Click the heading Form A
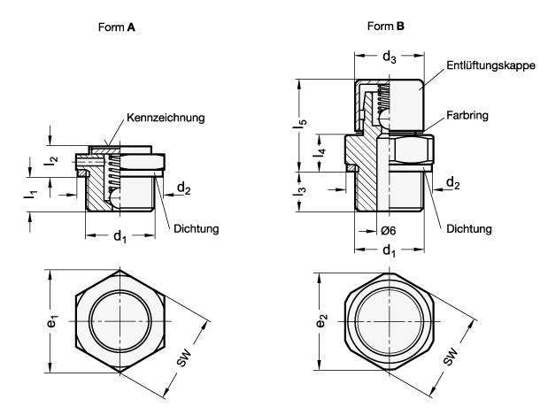pos(118,27)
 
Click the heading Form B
pos(385,27)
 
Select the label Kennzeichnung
pos(166,118)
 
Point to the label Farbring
pos(468,116)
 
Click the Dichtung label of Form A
pos(197,228)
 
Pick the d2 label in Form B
pos(452,183)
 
